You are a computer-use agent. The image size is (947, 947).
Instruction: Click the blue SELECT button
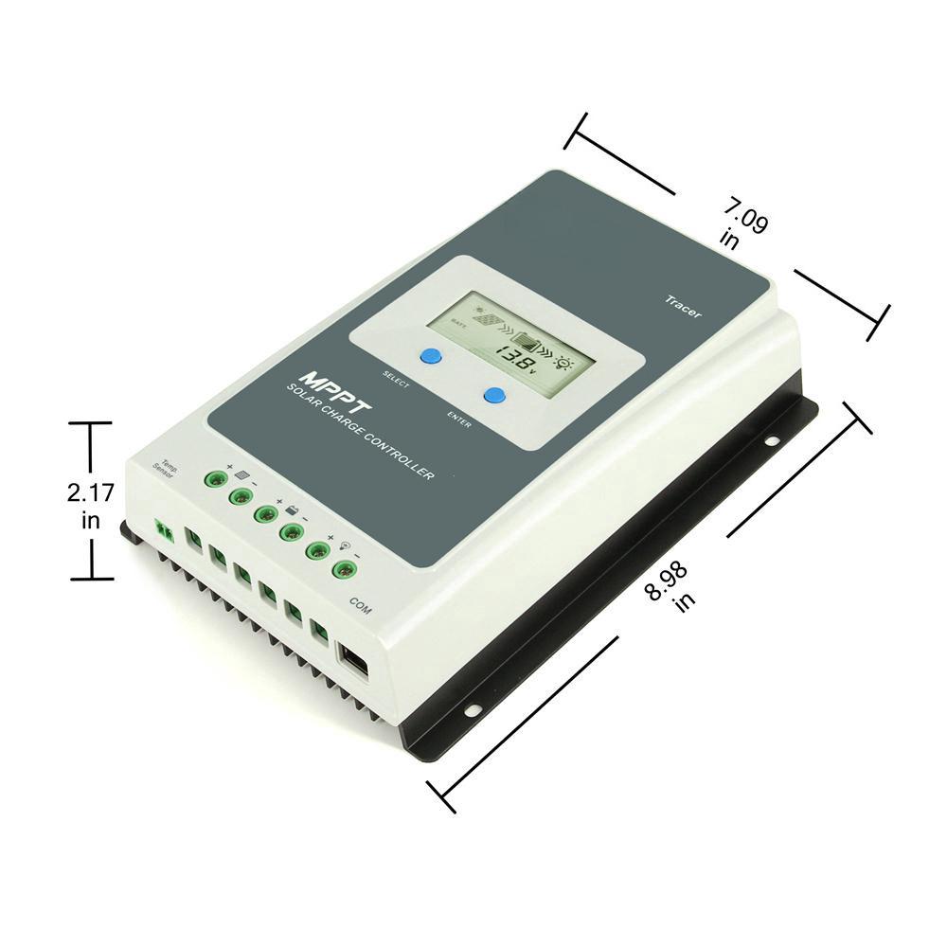(431, 356)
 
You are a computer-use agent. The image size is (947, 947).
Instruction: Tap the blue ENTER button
(493, 395)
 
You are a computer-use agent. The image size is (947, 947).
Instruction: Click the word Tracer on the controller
(682, 307)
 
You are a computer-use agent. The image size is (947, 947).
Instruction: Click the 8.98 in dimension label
(668, 583)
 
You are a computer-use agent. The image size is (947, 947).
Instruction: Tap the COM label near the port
(360, 605)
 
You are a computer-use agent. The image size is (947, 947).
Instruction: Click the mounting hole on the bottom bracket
(471, 708)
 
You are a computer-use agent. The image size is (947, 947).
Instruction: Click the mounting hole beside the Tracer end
(772, 440)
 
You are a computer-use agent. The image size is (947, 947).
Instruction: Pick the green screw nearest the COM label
(343, 569)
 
